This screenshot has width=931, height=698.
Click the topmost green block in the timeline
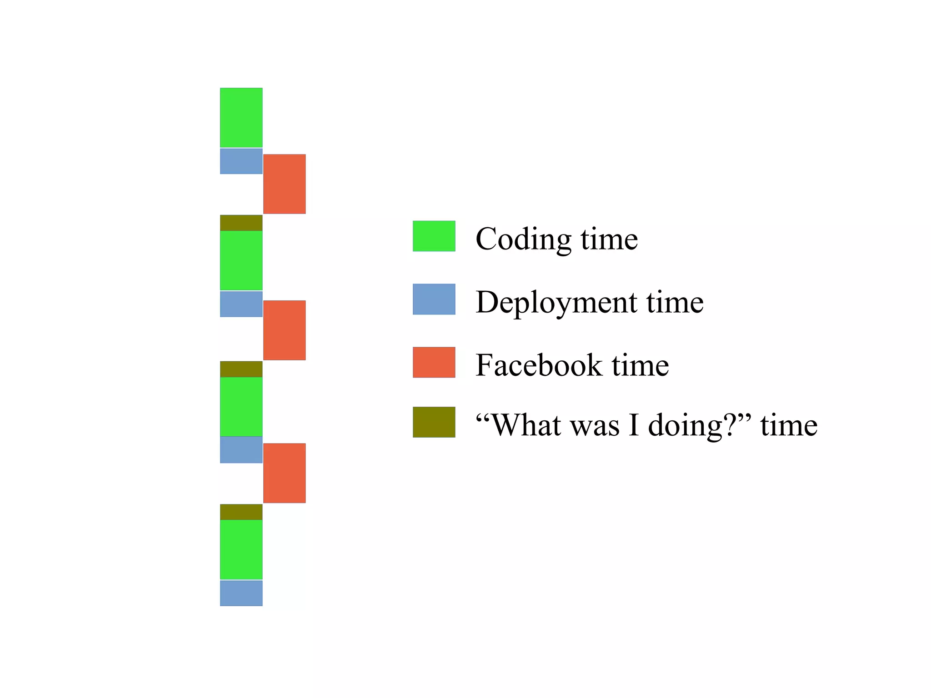[x=241, y=117]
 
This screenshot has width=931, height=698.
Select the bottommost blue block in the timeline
[x=241, y=593]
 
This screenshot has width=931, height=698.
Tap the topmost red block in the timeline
[x=284, y=184]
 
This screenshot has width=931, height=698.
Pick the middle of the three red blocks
[x=284, y=330]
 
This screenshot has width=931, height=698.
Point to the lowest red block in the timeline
[x=284, y=473]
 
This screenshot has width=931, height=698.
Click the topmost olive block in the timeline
[x=241, y=223]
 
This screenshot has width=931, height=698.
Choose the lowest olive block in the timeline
[x=241, y=512]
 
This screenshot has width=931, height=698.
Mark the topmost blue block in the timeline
[x=241, y=161]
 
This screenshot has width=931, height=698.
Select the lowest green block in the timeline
[x=241, y=549]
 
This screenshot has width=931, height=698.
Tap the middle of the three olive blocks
[x=241, y=369]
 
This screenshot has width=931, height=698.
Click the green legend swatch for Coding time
[x=434, y=236]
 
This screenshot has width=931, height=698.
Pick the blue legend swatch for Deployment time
[x=434, y=299]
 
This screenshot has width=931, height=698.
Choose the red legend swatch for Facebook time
[x=434, y=362]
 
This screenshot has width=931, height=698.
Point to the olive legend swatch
[x=434, y=422]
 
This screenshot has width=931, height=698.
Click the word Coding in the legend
[x=523, y=239]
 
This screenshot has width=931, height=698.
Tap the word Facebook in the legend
[x=538, y=365]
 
